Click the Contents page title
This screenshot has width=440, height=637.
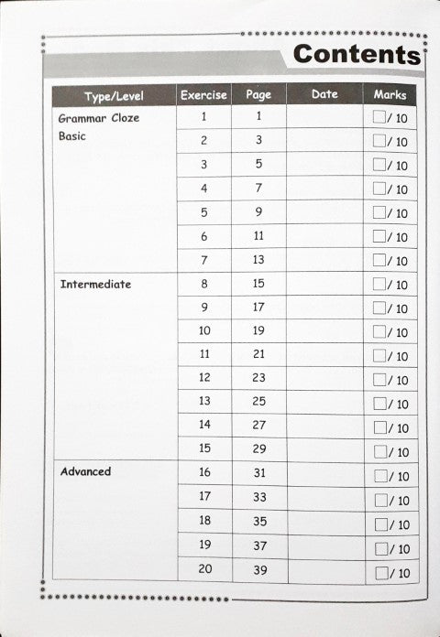coord(357,54)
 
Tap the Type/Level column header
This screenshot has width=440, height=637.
coord(114,96)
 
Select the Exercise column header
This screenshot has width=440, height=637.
coord(203,95)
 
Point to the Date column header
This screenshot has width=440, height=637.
coord(324,94)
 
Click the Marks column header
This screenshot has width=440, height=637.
coord(390,94)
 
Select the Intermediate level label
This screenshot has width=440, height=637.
coord(95,285)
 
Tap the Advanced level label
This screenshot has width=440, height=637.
coord(85,472)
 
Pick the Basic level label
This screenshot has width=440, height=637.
coord(72,137)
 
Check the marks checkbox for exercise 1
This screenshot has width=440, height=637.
coord(379,117)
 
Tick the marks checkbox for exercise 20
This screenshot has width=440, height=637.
coord(380,574)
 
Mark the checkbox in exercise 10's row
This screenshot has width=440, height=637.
coord(379,332)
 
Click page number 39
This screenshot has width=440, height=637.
coord(258,569)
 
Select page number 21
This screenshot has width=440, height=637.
coord(258,353)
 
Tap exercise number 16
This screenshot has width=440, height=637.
coord(203,473)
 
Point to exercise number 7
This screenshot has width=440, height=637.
coord(203,260)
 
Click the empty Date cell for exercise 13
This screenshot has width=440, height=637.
coord(324,402)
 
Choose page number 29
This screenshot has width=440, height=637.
coord(258,449)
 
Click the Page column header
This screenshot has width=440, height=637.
coord(258,94)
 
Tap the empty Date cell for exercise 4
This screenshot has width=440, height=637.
coord(324,188)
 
